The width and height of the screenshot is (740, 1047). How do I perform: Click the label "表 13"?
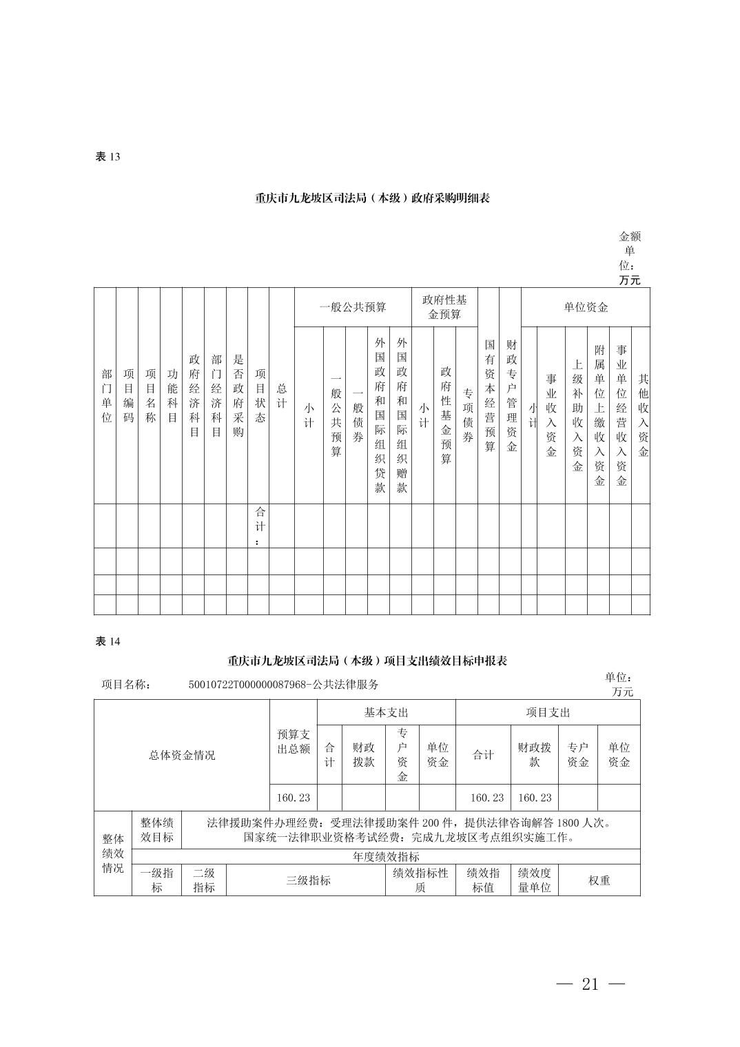coord(107,156)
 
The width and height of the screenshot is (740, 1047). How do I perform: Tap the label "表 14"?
coord(107,641)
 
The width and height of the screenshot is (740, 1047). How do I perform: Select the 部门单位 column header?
coord(106,395)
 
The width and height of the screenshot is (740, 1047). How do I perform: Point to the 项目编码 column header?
coord(128,395)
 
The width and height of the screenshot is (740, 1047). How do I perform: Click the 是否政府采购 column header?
coord(238,395)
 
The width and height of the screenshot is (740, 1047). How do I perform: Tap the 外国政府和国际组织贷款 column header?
coord(380,415)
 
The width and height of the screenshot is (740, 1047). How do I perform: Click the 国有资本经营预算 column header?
coord(489,395)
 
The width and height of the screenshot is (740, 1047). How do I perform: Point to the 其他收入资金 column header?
coord(643,415)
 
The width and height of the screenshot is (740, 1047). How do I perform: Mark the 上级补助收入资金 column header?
coord(577,415)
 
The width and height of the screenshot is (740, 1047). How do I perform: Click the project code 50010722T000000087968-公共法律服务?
coord(283,685)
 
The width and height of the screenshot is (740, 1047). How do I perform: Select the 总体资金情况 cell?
coord(182,755)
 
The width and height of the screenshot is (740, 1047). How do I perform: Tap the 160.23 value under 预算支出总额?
coord(294,798)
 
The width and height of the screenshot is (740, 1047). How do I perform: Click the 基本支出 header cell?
coord(386,712)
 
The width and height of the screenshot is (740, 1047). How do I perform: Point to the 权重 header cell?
coord(599,880)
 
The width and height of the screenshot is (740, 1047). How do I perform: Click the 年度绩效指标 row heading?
coord(386,857)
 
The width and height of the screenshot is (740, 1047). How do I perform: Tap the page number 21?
coord(590,984)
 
